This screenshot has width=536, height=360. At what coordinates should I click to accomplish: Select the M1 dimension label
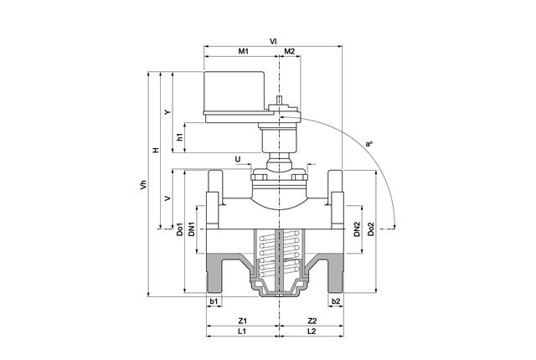pyautogui.click(x=243, y=52)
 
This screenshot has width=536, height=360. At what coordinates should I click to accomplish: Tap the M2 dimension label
pyautogui.click(x=289, y=52)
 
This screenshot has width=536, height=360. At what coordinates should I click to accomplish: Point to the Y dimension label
pyautogui.click(x=168, y=112)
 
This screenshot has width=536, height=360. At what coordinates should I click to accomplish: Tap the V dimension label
pyautogui.click(x=168, y=198)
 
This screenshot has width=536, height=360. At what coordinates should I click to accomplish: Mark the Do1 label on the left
pyautogui.click(x=180, y=230)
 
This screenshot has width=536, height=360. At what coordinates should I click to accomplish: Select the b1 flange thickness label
pyautogui.click(x=214, y=301)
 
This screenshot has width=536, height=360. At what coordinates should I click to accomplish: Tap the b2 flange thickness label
pyautogui.click(x=335, y=301)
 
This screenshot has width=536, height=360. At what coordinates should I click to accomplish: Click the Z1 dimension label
pyautogui.click(x=242, y=321)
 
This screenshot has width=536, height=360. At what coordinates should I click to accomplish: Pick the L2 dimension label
pyautogui.click(x=311, y=332)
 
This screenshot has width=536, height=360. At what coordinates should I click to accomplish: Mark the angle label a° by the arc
pyautogui.click(x=368, y=144)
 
